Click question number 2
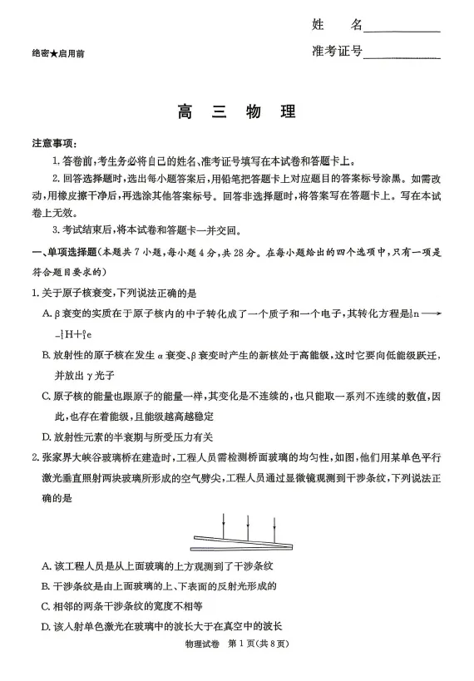tap(34, 456)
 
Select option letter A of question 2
tap(47, 565)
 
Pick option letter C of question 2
tap(47, 605)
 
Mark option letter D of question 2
tap(47, 625)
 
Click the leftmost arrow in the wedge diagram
tap(224, 524)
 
